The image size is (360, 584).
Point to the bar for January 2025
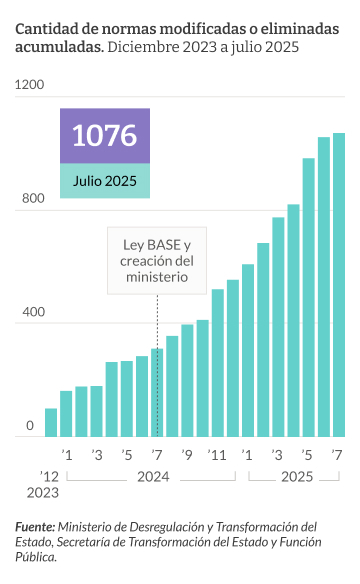[x=247, y=350]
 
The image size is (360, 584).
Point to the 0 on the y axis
[x=30, y=426]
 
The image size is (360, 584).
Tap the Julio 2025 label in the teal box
[x=104, y=181]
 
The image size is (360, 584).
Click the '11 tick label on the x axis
[x=217, y=456]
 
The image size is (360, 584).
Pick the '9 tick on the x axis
[x=187, y=456]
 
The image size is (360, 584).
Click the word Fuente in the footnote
[x=36, y=527]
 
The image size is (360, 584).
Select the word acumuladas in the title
[x=59, y=47]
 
